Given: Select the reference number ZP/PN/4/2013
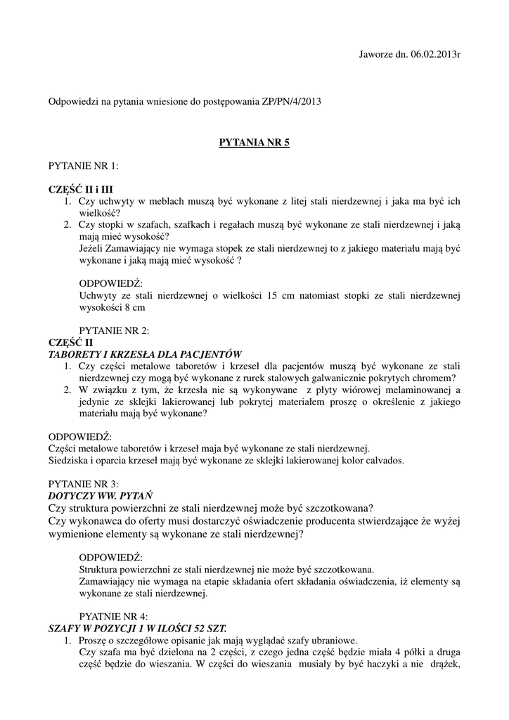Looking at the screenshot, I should [x=290, y=102].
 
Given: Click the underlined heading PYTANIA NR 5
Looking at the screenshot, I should [x=254, y=142].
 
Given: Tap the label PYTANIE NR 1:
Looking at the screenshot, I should [x=83, y=166].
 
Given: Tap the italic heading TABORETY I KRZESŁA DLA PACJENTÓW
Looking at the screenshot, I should [x=145, y=354].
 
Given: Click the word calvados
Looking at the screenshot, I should [x=385, y=461].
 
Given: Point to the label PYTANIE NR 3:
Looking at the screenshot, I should [x=83, y=484].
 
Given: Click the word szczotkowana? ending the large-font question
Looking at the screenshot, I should [x=337, y=508].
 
